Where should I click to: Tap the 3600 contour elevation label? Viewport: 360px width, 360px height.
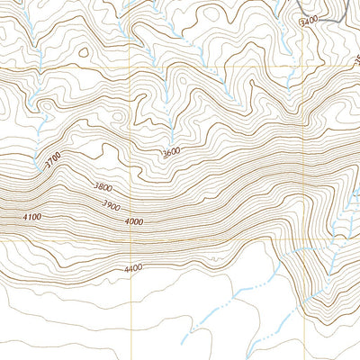[171, 153]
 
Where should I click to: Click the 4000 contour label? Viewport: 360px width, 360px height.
[134, 221]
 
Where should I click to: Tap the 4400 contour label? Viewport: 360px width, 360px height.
[133, 267]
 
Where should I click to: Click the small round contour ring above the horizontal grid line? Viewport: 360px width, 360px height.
[84, 52]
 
